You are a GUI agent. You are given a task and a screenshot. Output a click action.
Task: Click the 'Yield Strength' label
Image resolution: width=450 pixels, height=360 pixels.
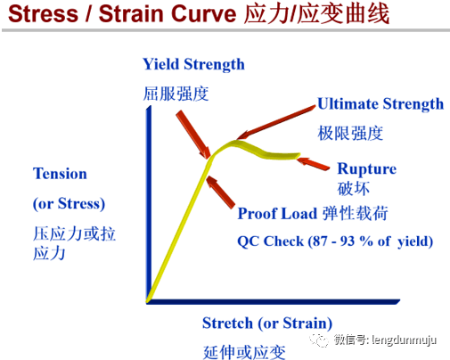click(x=193, y=64)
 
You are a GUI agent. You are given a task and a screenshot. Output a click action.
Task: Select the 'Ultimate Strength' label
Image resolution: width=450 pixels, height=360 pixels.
click(x=380, y=104)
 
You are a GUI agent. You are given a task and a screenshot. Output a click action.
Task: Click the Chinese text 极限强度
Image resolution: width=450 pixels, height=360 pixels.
click(x=350, y=133)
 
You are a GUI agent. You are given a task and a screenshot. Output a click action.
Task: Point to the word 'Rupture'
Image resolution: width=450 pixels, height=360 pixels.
click(x=366, y=169)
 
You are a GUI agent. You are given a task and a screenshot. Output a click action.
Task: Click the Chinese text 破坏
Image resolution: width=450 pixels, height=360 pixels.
click(x=352, y=188)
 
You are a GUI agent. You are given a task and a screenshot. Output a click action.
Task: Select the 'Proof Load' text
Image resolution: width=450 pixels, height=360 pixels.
click(x=276, y=214)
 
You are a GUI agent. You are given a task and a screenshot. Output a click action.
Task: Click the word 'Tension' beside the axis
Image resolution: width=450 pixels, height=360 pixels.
click(x=61, y=174)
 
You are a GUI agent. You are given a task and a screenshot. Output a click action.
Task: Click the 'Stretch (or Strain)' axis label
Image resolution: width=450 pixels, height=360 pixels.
click(x=267, y=323)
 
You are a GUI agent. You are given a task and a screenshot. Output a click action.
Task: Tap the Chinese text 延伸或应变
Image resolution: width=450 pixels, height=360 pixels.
click(x=244, y=350)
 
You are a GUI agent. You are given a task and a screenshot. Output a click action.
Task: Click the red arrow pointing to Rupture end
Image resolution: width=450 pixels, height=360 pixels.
click(x=314, y=161)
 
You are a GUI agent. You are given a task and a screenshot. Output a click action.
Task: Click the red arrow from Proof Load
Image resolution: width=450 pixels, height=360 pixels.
click(x=223, y=191)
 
